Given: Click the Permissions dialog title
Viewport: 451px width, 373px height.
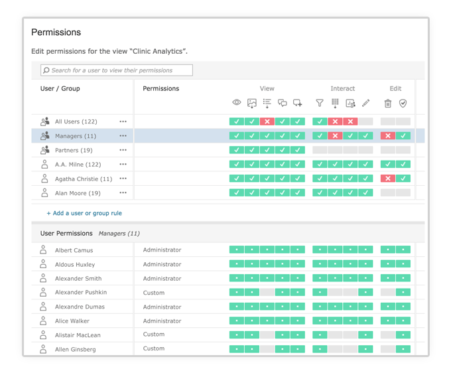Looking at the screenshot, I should [56, 32].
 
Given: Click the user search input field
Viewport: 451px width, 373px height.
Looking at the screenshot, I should [117, 70].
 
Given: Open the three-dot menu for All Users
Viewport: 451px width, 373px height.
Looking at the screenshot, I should [123, 121].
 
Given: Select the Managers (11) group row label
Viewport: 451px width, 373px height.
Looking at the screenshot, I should [75, 136].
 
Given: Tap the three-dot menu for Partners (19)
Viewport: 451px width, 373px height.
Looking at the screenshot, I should [123, 151].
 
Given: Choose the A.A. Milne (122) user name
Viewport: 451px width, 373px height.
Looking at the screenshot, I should [78, 165].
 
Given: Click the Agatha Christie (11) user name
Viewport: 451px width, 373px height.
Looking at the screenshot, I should [84, 179].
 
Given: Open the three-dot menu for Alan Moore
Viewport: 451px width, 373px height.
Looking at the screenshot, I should [123, 193].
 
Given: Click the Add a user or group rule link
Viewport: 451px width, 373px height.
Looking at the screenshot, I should [84, 213].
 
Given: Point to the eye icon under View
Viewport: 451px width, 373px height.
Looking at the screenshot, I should [237, 103].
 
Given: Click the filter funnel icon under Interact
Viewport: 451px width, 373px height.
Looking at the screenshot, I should [320, 103].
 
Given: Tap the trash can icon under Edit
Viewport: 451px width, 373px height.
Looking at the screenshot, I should [388, 103].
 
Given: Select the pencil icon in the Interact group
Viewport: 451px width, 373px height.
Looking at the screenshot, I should [365, 103].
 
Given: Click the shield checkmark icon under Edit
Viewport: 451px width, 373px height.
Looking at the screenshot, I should [403, 103].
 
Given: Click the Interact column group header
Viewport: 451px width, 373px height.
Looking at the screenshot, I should [342, 88].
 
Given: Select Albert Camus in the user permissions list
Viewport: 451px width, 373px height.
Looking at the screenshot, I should [74, 250].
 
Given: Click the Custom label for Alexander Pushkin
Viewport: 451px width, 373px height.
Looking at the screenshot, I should [154, 293].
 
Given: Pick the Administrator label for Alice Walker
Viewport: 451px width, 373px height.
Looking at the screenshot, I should [162, 321].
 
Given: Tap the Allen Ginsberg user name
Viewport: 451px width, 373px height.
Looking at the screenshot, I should [75, 349].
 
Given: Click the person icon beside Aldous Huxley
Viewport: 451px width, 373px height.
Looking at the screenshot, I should [43, 264].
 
